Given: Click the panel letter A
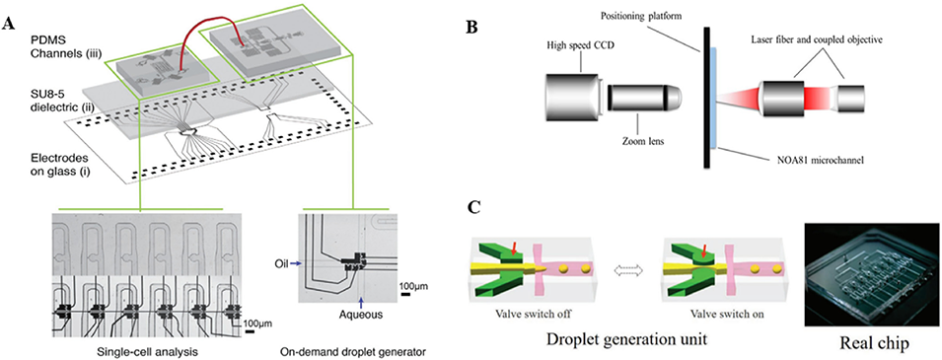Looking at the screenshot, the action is [x=9, y=24].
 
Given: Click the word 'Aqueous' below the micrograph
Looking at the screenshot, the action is [x=360, y=314].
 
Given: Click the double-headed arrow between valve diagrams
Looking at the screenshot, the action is [x=627, y=270].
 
